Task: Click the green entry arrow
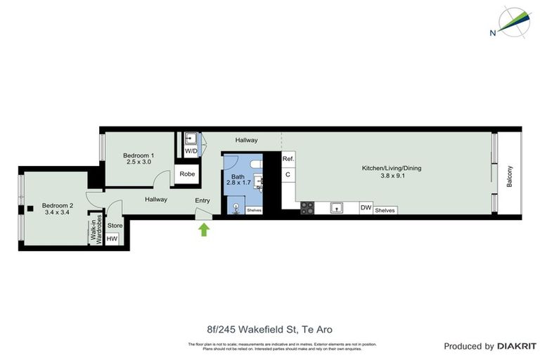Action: (204, 229)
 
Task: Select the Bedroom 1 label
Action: (139, 159)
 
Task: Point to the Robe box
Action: (187, 174)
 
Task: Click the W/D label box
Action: (191, 151)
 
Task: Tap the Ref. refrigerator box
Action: (288, 159)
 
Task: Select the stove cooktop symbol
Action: (307, 208)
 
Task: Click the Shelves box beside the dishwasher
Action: (385, 210)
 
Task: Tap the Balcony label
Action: (510, 176)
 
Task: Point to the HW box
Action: (112, 239)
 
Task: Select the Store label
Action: (115, 226)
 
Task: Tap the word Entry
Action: (202, 201)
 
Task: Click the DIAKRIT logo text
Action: (517, 346)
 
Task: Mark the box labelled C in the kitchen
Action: (288, 174)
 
